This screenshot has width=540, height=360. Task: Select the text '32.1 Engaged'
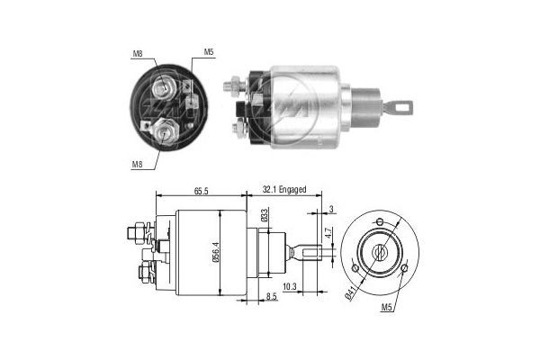coord(284,190)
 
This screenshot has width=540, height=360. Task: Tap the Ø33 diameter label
coord(263,215)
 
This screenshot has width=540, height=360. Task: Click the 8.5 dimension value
coord(271,296)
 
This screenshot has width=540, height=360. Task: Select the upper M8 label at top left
coord(138,53)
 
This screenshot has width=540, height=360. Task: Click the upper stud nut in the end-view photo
coord(165,89)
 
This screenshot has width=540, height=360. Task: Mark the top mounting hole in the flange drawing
coord(379,220)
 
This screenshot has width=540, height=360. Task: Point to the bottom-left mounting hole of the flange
coord(357,267)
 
